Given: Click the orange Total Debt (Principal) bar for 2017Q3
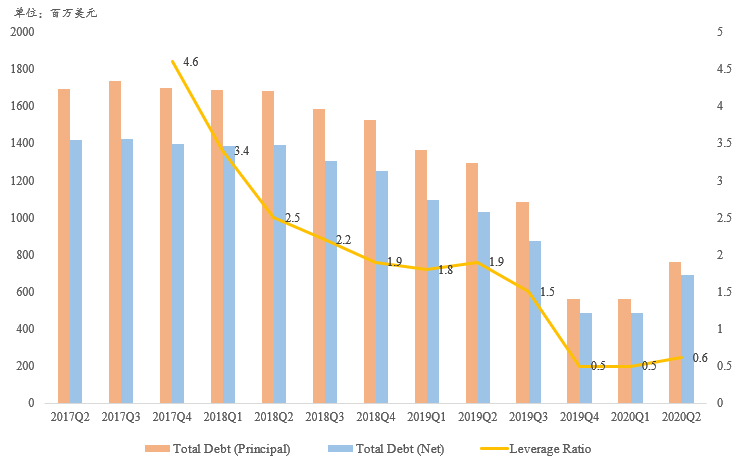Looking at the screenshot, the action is click(115, 242).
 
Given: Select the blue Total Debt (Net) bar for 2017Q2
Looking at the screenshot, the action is click(76, 272).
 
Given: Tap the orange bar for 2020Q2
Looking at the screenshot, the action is click(675, 333).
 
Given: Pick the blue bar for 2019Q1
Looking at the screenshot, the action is click(432, 302).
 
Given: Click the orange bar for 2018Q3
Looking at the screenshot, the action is click(319, 256).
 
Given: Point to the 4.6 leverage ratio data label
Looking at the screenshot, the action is click(190, 62).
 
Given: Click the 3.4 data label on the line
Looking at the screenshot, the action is click(241, 151).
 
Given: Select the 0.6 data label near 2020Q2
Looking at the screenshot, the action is click(700, 357).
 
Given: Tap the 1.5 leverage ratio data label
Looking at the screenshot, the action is click(547, 292).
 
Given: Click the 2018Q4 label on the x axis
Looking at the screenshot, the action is click(375, 417).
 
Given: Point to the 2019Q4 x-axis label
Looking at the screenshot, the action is click(579, 417).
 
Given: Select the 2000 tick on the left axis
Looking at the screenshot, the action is click(22, 32).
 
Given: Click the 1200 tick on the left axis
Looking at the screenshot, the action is click(22, 181).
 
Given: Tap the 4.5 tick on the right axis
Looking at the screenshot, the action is click(724, 69).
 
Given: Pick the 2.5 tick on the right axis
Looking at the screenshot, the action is click(724, 217).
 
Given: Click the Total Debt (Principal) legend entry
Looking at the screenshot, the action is click(218, 449).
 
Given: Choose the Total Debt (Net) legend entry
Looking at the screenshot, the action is click(386, 449).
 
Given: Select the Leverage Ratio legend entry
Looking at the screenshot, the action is click(536, 449).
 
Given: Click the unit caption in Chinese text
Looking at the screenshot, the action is click(55, 13).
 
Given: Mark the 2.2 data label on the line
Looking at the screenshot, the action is click(344, 240).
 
